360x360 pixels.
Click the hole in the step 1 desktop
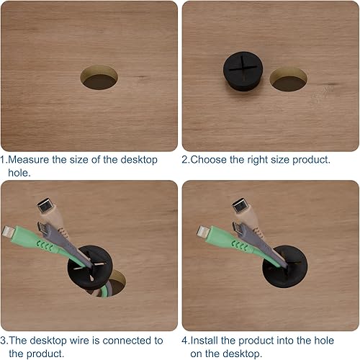99,77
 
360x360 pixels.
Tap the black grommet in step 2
243,71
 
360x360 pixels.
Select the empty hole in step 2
289,79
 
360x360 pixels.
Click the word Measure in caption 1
28,160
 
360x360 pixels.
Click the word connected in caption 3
127,341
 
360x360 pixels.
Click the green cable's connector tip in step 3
8,232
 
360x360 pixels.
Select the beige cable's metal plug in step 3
45,206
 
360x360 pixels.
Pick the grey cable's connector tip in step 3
42,228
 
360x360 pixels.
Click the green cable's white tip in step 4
203,232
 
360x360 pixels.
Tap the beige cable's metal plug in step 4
240,206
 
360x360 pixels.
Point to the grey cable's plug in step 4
238,228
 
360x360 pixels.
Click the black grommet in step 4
285,266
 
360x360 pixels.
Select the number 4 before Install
185,341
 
